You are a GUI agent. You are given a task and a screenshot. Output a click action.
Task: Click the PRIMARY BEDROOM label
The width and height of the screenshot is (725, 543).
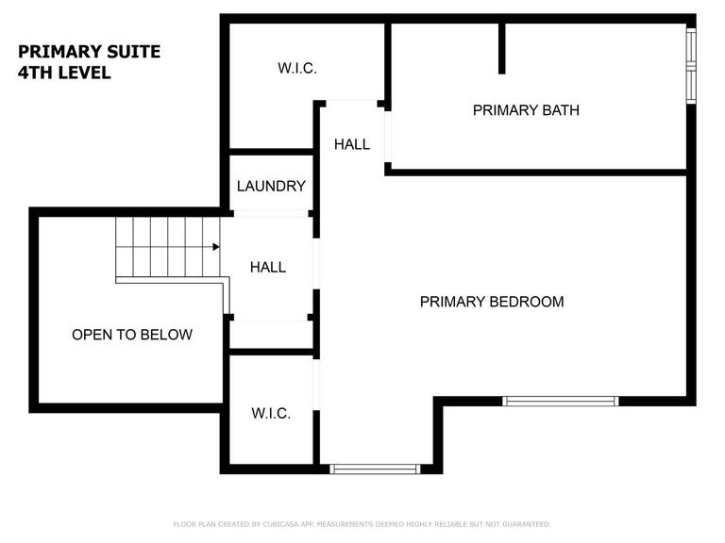point(492,302)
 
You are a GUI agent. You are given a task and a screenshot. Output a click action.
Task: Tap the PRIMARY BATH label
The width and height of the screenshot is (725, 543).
point(526,110)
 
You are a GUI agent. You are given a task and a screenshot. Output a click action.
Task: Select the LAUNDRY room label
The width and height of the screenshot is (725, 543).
point(271,186)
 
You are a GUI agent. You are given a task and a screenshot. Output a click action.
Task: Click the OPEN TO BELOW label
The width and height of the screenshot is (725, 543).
point(132,335)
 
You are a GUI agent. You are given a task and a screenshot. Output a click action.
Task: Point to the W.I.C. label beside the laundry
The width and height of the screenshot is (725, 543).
point(296,68)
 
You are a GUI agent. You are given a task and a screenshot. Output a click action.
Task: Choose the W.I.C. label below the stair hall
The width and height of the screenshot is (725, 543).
point(271,413)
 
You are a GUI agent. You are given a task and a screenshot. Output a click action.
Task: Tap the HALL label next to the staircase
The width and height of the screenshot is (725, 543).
point(268,267)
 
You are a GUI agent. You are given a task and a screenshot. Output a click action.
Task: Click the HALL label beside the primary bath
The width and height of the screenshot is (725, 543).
point(352,144)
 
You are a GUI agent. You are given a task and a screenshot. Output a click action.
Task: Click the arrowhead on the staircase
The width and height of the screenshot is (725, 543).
point(216,247)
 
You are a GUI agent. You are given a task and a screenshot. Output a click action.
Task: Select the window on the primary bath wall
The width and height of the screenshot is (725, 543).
point(691,66)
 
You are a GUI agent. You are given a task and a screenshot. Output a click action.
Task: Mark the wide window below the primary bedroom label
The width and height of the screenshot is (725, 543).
point(561,401)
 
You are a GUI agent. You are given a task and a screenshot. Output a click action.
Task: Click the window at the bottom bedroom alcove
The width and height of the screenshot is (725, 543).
point(375,469)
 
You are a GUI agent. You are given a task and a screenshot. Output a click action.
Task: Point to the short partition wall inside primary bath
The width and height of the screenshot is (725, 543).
point(501,48)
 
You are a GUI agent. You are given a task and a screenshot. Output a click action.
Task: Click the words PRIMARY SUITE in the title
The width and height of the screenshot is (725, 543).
point(90,51)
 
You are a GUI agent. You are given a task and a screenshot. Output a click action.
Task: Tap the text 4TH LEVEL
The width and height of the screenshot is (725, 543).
point(64,73)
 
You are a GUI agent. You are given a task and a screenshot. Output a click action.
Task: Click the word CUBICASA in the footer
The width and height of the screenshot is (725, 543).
point(280,524)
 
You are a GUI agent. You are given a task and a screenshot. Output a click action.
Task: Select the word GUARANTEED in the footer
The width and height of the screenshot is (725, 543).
point(527,524)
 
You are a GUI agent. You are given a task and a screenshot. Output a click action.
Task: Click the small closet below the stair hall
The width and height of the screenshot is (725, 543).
point(271,335)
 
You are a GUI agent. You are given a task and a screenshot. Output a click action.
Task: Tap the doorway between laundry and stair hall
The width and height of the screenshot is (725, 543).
point(271,213)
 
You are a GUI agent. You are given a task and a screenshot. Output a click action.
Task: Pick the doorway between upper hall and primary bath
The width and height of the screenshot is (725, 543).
point(388,137)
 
